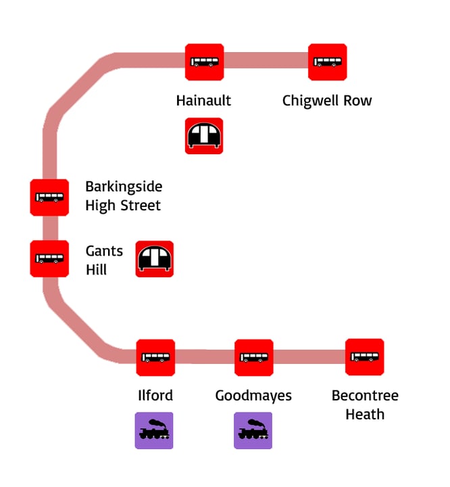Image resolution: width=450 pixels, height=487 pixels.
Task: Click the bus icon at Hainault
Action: pyautogui.click(x=205, y=62)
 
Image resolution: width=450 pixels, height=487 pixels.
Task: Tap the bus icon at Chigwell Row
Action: pyautogui.click(x=328, y=62)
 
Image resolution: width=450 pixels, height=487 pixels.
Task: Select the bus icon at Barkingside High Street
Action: pyautogui.click(x=49, y=198)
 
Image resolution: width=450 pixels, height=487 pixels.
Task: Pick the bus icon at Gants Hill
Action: pyautogui.click(x=49, y=258)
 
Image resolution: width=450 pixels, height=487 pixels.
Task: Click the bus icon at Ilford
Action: pyautogui.click(x=155, y=357)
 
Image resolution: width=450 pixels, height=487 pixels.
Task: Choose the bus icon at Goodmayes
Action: pyautogui.click(x=254, y=357)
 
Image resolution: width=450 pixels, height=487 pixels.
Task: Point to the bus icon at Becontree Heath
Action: pyautogui.click(x=365, y=357)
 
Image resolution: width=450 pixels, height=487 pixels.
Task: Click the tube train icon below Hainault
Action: pyautogui.click(x=204, y=136)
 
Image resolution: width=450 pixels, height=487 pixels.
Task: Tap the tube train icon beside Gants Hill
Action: pyautogui.click(x=155, y=259)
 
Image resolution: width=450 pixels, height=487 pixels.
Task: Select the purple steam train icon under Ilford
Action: pyautogui.click(x=154, y=431)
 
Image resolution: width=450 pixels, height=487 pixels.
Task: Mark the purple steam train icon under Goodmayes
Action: pyautogui.click(x=253, y=431)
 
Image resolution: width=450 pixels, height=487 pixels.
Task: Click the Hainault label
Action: pyautogui.click(x=203, y=101)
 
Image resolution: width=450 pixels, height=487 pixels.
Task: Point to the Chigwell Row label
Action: pyautogui.click(x=327, y=101)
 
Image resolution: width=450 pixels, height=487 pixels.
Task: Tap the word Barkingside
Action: pyautogui.click(x=124, y=187)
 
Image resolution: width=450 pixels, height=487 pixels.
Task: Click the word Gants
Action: pyautogui.click(x=104, y=251)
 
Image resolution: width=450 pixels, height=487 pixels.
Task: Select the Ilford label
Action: pyautogui.click(x=155, y=396)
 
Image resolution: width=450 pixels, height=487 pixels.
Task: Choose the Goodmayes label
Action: pyautogui.click(x=253, y=396)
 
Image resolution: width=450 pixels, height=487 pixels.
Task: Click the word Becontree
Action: pyautogui.click(x=365, y=396)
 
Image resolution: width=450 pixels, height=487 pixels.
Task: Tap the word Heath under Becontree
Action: pyautogui.click(x=365, y=414)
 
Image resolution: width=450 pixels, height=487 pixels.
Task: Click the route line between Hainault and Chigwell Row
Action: pyautogui.click(x=266, y=62)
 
